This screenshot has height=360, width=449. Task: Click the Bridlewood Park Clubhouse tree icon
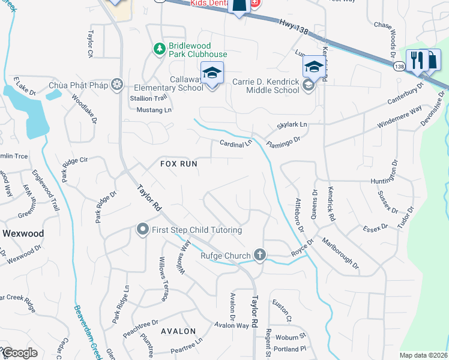click(x=159, y=49)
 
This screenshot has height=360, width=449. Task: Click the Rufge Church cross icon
click(x=259, y=256)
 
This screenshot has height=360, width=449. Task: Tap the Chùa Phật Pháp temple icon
click(x=118, y=85)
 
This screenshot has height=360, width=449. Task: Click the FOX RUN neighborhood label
click(x=178, y=163)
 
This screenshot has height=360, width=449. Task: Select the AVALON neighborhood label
click(x=178, y=331)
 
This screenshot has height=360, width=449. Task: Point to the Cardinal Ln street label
click(x=235, y=144)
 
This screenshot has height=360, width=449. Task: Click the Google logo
click(x=20, y=353)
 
